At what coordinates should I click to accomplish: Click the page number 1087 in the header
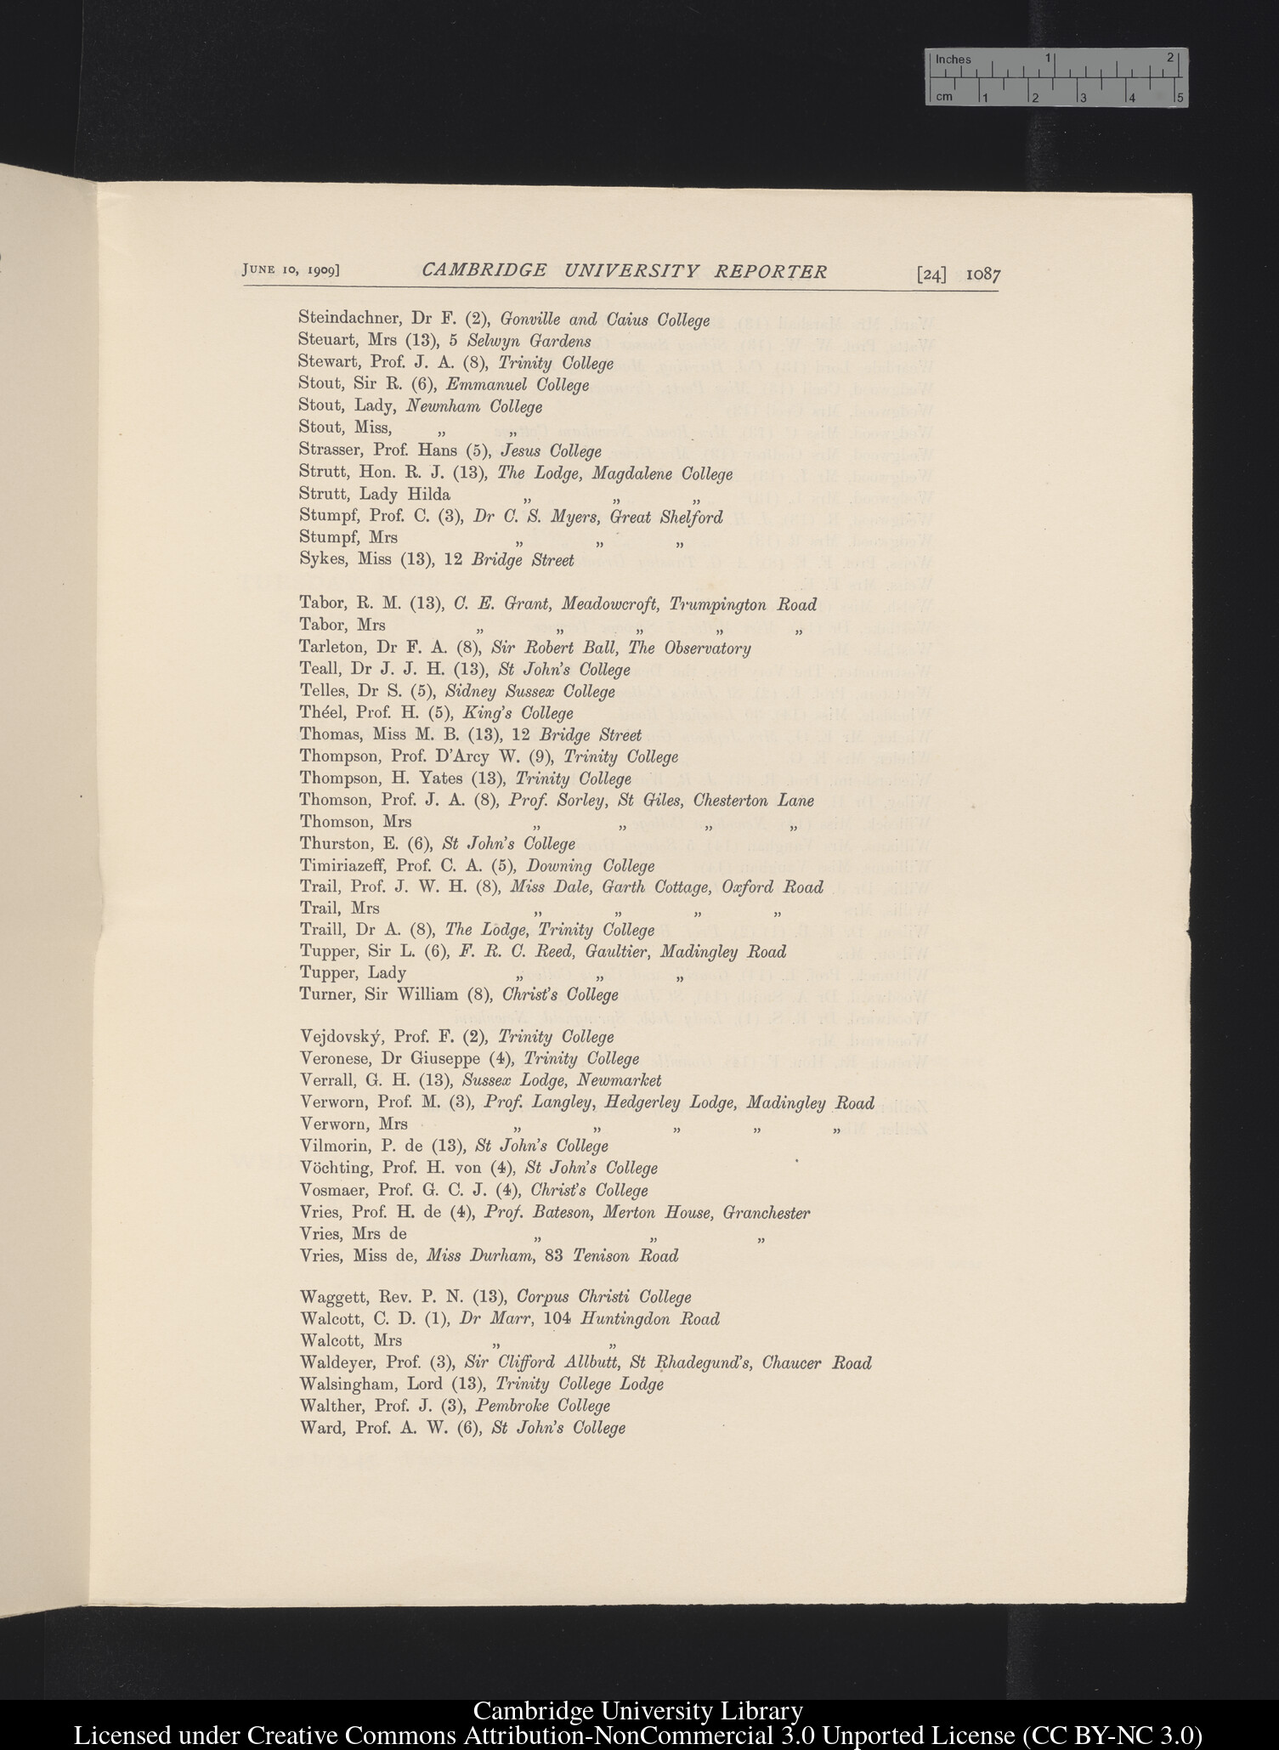click(x=983, y=275)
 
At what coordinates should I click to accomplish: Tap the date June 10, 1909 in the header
click(x=291, y=269)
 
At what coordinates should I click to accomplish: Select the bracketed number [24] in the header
click(x=931, y=275)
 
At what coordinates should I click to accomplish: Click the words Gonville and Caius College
click(x=604, y=320)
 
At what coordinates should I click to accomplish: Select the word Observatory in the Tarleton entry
click(x=710, y=648)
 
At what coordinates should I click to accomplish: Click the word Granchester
click(x=766, y=1213)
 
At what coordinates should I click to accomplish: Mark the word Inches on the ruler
click(x=953, y=59)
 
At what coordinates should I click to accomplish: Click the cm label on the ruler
click(x=943, y=97)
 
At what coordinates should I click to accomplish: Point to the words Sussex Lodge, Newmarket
click(x=561, y=1080)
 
